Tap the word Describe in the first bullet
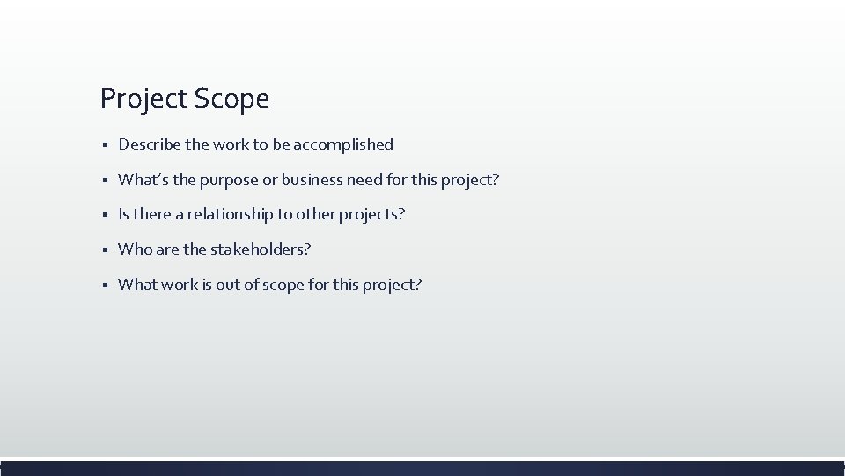pyautogui.click(x=148, y=144)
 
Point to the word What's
pyautogui.click(x=139, y=180)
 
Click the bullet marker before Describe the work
pyautogui.click(x=104, y=145)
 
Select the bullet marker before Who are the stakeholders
pyautogui.click(x=104, y=250)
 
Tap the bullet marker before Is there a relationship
pyautogui.click(x=104, y=215)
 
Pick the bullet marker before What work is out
pyautogui.click(x=104, y=286)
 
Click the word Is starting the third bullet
pyautogui.click(x=124, y=214)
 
